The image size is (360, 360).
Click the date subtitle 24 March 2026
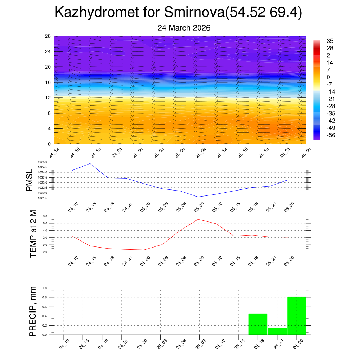(184, 28)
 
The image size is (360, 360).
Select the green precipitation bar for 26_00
(296, 316)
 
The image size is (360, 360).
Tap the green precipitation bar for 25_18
(258, 324)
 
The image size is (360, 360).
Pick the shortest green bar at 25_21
(277, 331)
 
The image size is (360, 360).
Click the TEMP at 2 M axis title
(33, 234)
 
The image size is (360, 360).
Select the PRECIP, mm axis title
(33, 311)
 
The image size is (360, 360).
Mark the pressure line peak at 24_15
(90, 163)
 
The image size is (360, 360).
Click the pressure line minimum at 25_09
(198, 197)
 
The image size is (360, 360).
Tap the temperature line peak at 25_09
(198, 219)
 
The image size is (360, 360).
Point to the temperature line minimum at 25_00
(144, 250)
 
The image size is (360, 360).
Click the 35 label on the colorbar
(330, 41)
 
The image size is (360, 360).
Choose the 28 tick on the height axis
(48, 36)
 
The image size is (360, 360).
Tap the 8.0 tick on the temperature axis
(45, 216)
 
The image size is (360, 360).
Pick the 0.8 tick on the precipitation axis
(45, 297)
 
